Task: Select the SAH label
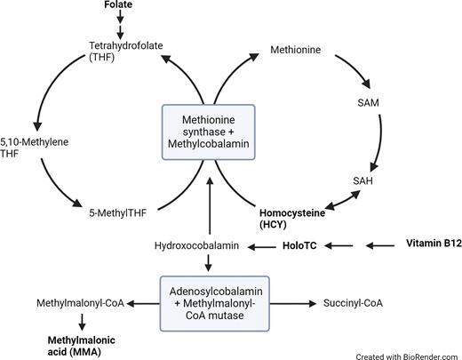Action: click(362, 180)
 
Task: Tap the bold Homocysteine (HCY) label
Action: click(293, 220)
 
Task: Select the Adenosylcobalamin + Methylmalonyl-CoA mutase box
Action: click(209, 302)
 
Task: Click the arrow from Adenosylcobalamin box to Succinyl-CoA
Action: click(290, 303)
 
